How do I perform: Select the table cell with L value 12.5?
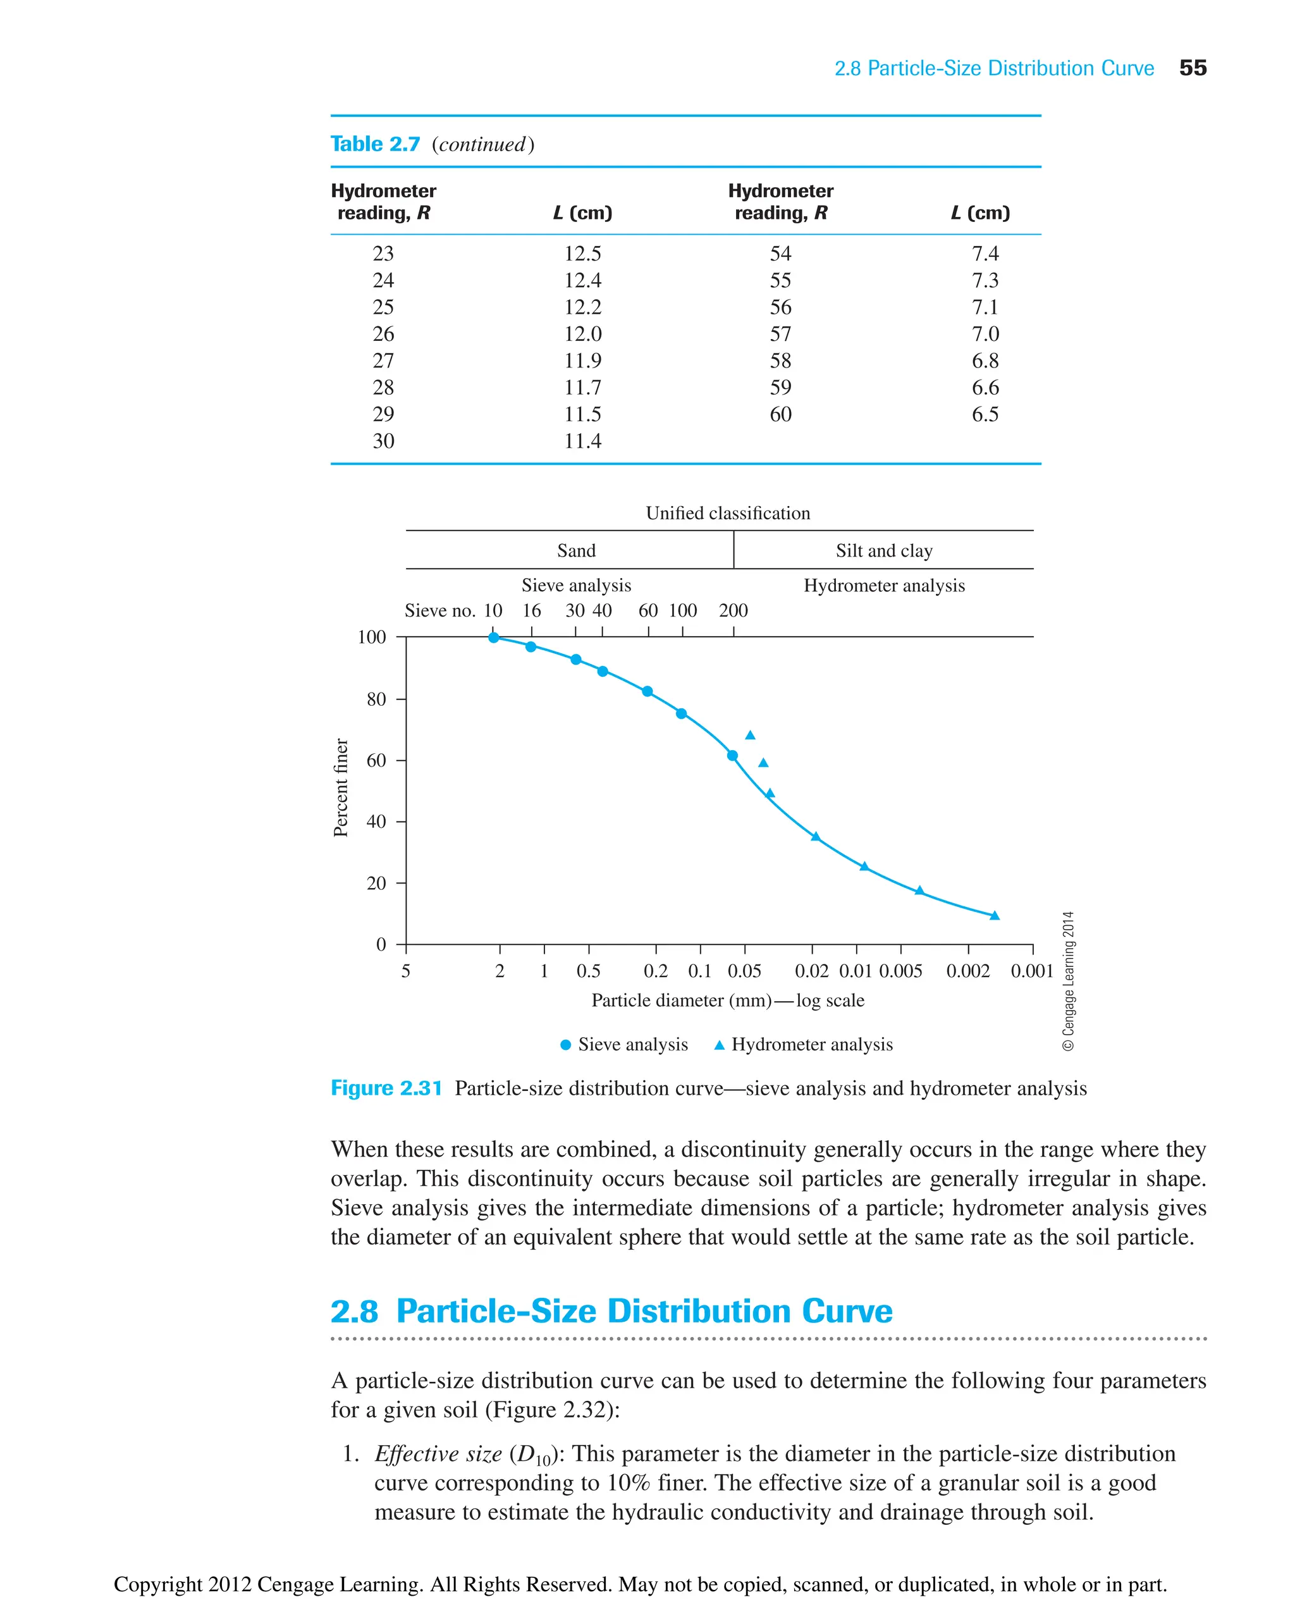582,254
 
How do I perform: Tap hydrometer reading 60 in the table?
780,414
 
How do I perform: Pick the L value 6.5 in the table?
985,414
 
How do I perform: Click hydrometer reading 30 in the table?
383,441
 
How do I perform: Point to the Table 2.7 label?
375,144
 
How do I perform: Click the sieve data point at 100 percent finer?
493,638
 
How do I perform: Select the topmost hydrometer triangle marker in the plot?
750,736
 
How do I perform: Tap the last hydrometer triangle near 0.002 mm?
995,916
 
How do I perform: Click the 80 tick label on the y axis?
376,699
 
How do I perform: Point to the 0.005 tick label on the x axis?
900,971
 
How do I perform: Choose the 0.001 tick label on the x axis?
1032,971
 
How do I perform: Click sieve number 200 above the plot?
733,610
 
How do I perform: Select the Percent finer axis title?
340,787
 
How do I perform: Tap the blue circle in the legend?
565,1045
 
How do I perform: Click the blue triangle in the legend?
719,1045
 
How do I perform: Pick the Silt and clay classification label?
884,551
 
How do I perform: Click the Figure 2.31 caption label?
386,1088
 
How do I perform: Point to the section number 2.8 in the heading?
354,1311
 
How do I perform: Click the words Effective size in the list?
438,1453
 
